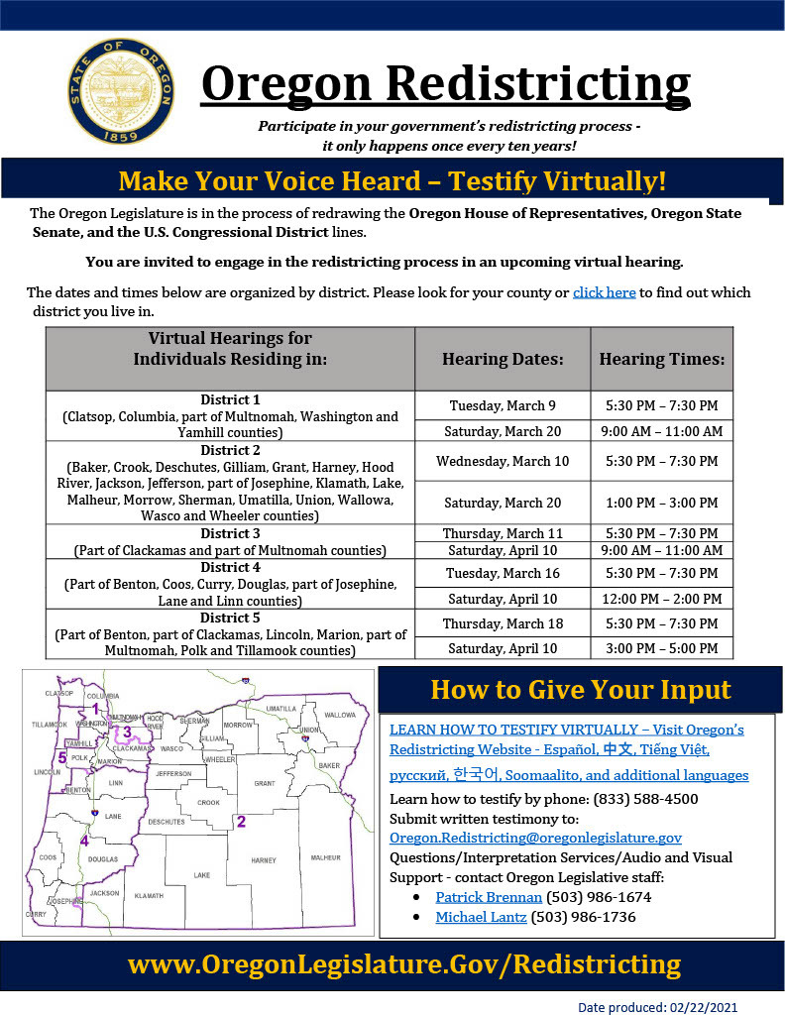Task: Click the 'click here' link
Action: (x=604, y=292)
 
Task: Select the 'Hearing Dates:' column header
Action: (x=503, y=359)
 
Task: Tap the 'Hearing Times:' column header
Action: (x=662, y=359)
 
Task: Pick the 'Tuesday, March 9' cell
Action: (x=503, y=405)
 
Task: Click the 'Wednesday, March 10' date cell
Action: (x=503, y=461)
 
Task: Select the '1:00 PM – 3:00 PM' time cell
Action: (x=662, y=503)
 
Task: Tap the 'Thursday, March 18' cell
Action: (x=503, y=623)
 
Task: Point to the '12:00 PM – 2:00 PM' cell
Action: (x=662, y=599)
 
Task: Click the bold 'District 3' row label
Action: (x=230, y=533)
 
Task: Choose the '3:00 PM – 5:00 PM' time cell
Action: (x=662, y=648)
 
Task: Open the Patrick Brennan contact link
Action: (x=489, y=897)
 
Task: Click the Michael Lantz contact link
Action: (x=481, y=918)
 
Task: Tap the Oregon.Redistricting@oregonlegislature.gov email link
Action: (x=535, y=838)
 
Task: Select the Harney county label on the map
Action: (x=263, y=860)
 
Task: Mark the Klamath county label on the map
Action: (x=148, y=895)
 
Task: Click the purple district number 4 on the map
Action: (x=84, y=841)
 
